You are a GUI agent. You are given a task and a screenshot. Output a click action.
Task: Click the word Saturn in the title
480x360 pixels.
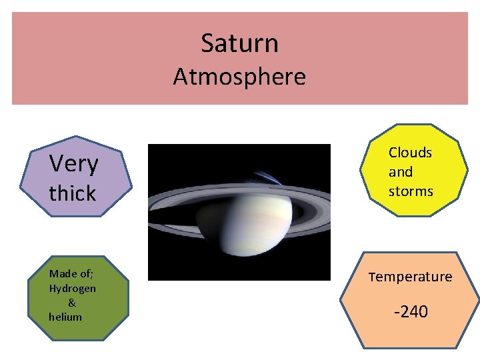point(239,43)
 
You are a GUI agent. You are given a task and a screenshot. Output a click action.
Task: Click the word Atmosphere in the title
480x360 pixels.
point(239,77)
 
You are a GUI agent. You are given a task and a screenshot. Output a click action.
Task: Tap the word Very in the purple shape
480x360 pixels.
point(74,163)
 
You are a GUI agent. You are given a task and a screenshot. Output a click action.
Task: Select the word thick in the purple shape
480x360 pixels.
point(73,193)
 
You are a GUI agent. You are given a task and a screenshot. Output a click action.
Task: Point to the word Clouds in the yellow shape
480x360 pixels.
point(410,153)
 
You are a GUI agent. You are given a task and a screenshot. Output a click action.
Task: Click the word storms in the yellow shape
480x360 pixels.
point(411,191)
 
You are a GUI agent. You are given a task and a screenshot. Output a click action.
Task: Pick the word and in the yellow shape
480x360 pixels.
point(401,172)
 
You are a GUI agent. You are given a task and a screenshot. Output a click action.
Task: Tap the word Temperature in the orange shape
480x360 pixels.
point(410,276)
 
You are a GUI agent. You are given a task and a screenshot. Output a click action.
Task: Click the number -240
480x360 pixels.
point(411,311)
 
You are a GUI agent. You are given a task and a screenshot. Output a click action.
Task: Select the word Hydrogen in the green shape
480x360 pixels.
point(73,289)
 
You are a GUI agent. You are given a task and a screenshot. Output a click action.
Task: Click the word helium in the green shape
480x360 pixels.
point(65,317)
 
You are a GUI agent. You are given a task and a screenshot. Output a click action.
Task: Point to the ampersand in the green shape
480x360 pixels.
point(72,303)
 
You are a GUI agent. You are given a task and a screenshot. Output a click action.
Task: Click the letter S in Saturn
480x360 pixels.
point(207,43)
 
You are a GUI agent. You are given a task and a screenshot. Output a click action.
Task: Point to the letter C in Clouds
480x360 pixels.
point(393,153)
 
